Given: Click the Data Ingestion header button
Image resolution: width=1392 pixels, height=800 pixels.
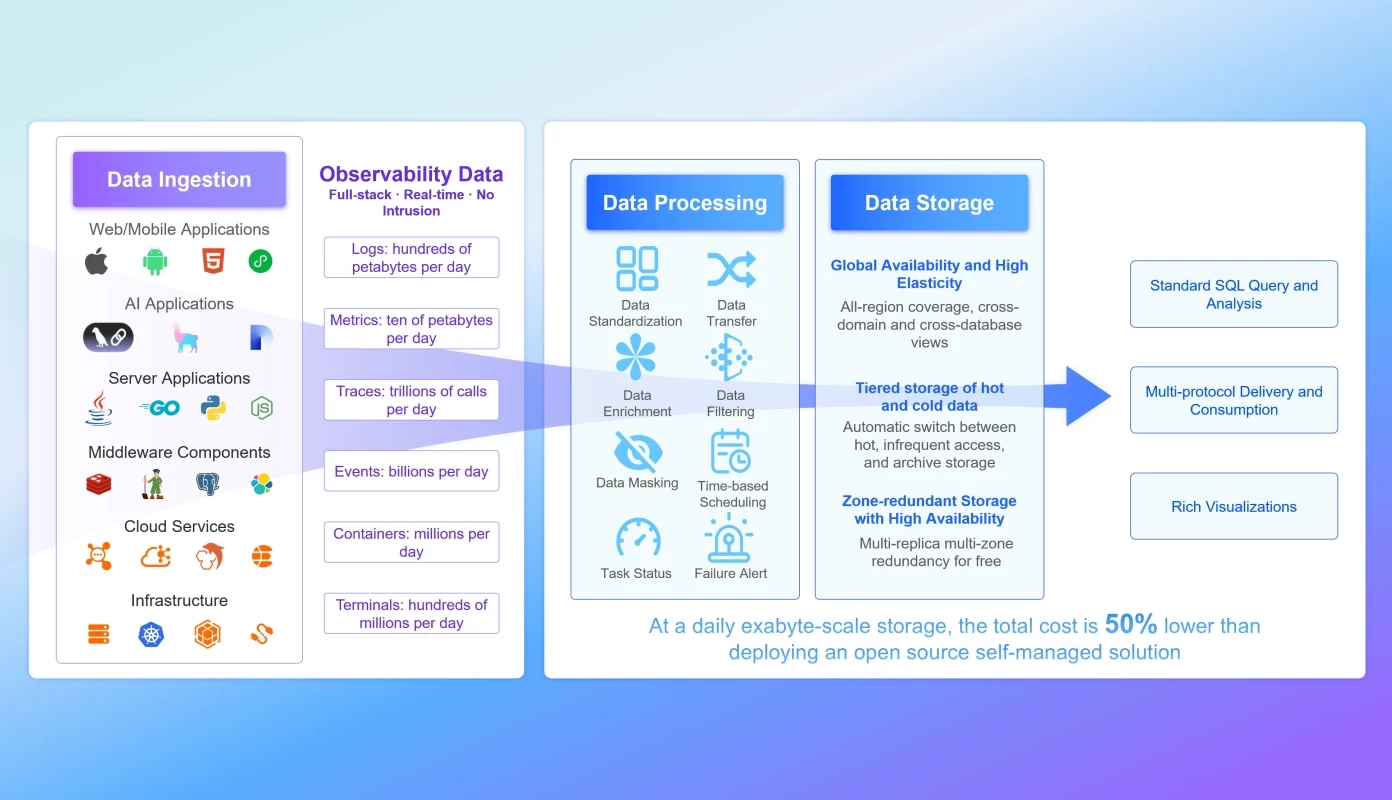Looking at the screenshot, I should pyautogui.click(x=179, y=180).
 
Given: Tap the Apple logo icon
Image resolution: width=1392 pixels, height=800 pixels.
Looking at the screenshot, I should pyautogui.click(x=96, y=262).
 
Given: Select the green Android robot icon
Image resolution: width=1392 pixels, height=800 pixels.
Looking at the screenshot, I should pyautogui.click(x=154, y=262).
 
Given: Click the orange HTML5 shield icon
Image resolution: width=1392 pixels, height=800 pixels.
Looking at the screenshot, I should pyautogui.click(x=211, y=262).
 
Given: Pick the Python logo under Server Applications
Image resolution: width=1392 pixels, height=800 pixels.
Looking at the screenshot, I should pyautogui.click(x=212, y=408).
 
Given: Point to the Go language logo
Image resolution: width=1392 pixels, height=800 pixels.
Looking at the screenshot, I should pyautogui.click(x=159, y=408).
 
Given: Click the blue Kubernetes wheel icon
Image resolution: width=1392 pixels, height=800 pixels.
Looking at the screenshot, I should pyautogui.click(x=152, y=634).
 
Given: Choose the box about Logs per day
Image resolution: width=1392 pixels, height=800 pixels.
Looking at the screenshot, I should pyautogui.click(x=411, y=258).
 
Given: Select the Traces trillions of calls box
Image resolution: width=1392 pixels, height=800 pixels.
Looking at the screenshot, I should pyautogui.click(x=411, y=400).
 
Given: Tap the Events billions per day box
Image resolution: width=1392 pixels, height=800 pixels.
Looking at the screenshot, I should pyautogui.click(x=411, y=471).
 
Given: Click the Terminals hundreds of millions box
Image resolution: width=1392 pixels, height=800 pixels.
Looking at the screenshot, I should pyautogui.click(x=411, y=614).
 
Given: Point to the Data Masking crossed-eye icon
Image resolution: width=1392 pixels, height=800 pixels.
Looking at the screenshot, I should pyautogui.click(x=637, y=452).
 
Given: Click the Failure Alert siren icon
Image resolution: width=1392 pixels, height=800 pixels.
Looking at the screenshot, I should pyautogui.click(x=730, y=540).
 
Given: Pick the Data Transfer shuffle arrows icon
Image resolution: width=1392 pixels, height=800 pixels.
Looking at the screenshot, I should pyautogui.click(x=731, y=270).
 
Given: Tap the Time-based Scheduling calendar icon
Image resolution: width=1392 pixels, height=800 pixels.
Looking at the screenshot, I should pyautogui.click(x=731, y=452).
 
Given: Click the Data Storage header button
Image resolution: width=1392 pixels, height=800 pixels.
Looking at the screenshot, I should pyautogui.click(x=929, y=203).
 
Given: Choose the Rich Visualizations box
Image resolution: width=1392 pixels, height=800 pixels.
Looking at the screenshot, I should pyautogui.click(x=1233, y=506).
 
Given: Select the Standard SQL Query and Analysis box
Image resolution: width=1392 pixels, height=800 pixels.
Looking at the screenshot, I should pyautogui.click(x=1233, y=294).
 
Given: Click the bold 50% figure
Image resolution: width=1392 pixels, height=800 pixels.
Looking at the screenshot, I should pyautogui.click(x=1131, y=625).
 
